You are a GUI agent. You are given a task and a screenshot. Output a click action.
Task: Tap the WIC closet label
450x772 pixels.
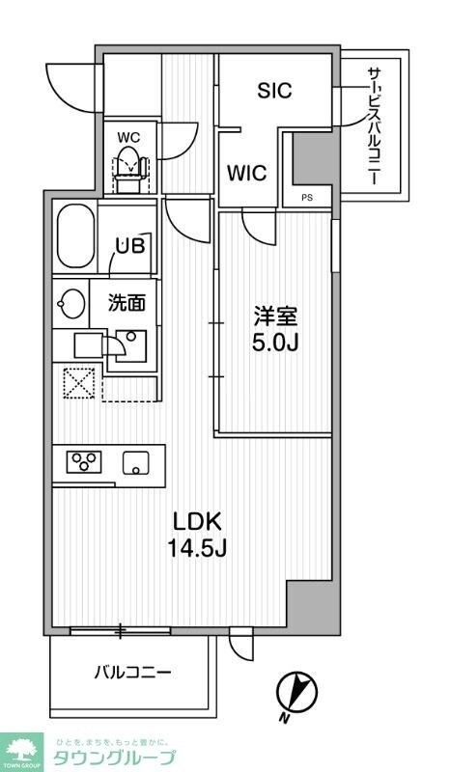tap(247, 174)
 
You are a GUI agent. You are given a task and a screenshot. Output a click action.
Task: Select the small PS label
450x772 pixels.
tap(307, 200)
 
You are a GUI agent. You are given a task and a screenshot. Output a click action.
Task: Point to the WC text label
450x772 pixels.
tap(128, 136)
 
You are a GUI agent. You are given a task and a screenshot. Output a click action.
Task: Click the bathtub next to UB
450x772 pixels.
tap(75, 239)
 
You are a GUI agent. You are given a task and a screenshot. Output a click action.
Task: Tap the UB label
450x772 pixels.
tap(130, 245)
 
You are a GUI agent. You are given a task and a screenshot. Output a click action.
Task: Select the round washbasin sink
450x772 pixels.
tap(71, 302)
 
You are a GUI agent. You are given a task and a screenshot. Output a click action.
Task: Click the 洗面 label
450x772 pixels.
tap(126, 302)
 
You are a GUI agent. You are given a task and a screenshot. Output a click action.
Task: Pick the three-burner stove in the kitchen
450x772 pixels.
tap(84, 462)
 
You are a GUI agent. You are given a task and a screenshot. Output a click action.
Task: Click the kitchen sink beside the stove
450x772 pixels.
tap(136, 462)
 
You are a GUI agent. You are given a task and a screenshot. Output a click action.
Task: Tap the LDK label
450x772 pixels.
tap(198, 522)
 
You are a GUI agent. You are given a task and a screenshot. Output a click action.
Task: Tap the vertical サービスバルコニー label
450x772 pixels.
tap(373, 126)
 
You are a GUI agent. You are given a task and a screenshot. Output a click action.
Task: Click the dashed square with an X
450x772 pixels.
tap(78, 383)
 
